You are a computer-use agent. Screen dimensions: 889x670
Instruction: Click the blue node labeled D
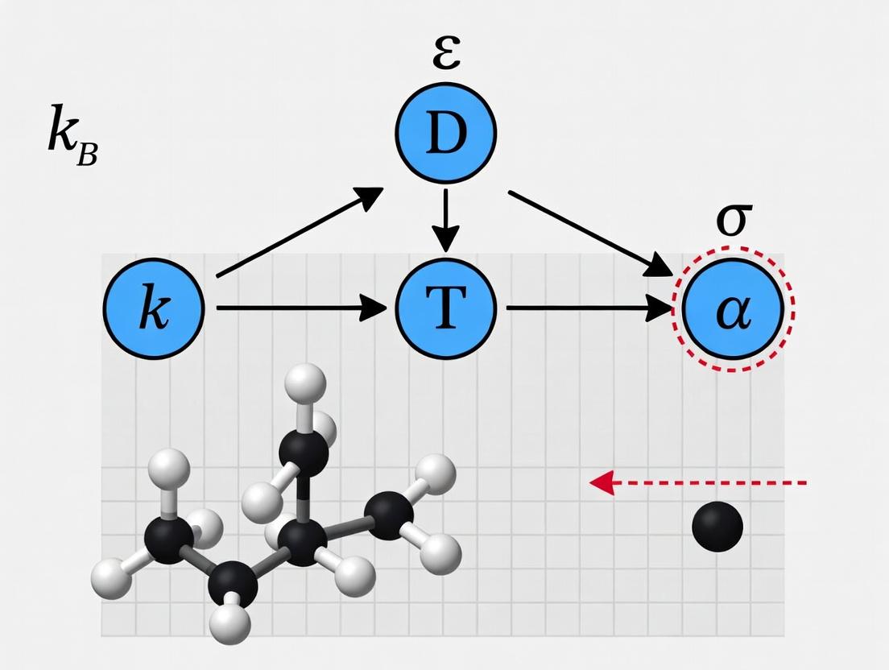tap(446, 133)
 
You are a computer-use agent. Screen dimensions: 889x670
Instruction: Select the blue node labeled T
tap(445, 308)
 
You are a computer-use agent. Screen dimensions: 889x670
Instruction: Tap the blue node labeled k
tap(155, 308)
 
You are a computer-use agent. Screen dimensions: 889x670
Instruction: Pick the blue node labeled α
tap(732, 309)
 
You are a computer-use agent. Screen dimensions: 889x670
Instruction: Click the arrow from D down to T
tap(445, 217)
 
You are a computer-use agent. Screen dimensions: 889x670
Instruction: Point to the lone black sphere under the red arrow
tap(717, 526)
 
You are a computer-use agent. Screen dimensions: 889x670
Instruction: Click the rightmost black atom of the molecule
tap(390, 516)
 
